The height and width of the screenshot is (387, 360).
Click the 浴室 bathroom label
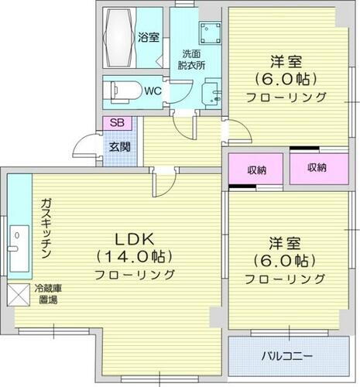148,36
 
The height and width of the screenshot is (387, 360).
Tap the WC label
152,91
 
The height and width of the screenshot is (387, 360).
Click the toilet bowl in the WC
122,91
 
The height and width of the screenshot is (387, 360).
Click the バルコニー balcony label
286,357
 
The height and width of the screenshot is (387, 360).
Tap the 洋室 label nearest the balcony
285,241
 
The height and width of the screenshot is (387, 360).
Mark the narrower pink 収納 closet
256,170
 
